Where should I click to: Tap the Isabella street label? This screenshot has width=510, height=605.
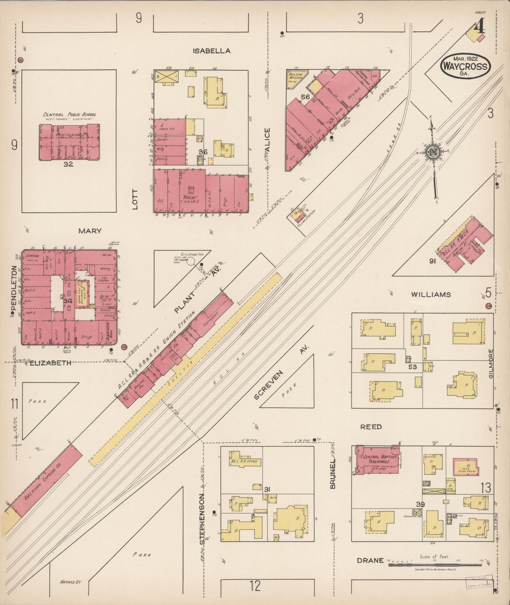[x=211, y=51]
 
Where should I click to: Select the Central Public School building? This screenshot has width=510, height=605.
[x=69, y=142]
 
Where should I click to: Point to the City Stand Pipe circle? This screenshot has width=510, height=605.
[x=191, y=261]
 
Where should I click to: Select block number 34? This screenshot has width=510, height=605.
[x=68, y=301]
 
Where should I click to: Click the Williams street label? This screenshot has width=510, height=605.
[x=431, y=294]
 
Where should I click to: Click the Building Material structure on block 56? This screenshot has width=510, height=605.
[x=297, y=78]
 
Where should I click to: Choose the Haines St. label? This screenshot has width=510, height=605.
[x=70, y=582]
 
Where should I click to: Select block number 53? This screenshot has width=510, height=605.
[x=412, y=367]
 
